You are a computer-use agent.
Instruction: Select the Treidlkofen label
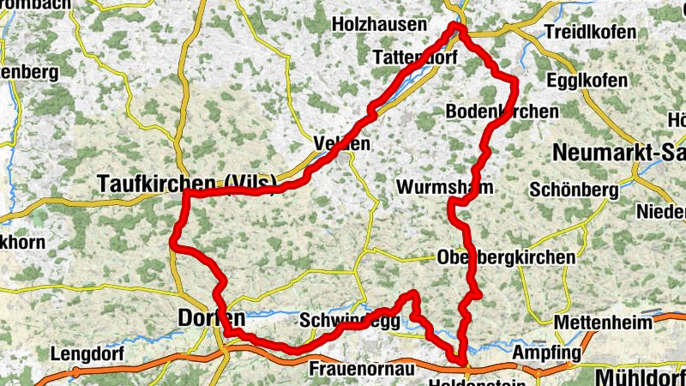tap(589, 33)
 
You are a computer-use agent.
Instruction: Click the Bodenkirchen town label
tap(502, 112)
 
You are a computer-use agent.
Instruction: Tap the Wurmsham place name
tap(445, 186)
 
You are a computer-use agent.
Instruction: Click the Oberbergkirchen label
tap(505, 257)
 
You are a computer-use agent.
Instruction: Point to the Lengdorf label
tap(87, 353)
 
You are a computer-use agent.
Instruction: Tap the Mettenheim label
tap(597, 323)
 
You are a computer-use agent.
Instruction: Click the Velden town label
tap(342, 143)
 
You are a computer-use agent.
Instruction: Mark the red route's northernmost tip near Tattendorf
tap(458, 28)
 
